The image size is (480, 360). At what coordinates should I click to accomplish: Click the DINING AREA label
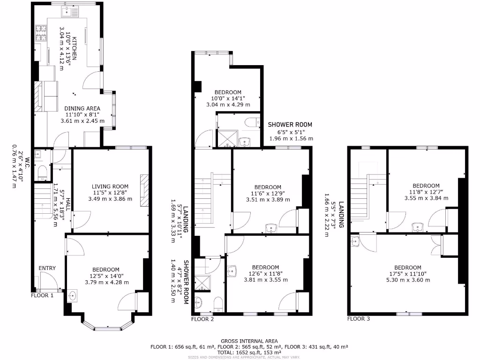[82, 108]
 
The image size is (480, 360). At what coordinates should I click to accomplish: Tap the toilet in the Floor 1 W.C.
[42, 172]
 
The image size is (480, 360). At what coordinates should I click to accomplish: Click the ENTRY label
[47, 268]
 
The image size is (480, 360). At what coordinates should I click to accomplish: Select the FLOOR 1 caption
[42, 295]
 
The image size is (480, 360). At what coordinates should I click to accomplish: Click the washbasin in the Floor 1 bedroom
[72, 296]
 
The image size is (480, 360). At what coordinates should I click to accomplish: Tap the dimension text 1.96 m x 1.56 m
[291, 138]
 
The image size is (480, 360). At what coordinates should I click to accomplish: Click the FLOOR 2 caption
[202, 319]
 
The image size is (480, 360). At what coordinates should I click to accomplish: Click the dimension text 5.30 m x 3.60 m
[405, 280]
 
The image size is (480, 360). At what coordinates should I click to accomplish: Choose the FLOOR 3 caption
[359, 319]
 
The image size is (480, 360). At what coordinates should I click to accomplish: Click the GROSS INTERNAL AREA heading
[249, 341]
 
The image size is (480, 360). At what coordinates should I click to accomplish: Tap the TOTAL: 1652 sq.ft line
[249, 352]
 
